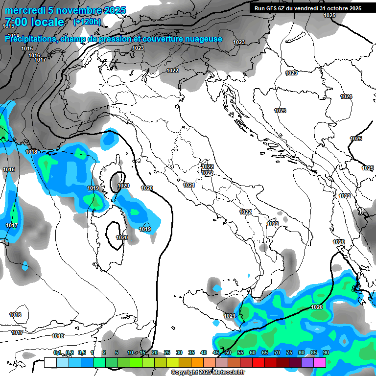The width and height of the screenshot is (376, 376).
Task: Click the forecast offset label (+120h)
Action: tap(87, 22)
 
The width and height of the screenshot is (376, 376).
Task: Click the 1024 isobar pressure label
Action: tap(346, 96)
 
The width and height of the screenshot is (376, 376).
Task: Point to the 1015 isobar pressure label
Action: tap(27, 48)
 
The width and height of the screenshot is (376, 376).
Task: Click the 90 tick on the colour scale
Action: tap(326, 352)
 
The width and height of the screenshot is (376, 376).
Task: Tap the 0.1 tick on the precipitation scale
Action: tap(57, 352)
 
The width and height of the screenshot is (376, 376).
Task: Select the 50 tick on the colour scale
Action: tap(228, 352)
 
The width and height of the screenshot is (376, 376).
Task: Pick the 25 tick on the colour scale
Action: tap(166, 352)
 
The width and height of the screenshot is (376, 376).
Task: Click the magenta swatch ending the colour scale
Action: tap(320, 362)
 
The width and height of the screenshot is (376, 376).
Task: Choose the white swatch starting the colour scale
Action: tap(50, 362)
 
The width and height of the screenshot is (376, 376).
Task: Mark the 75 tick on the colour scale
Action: tap(289, 352)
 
